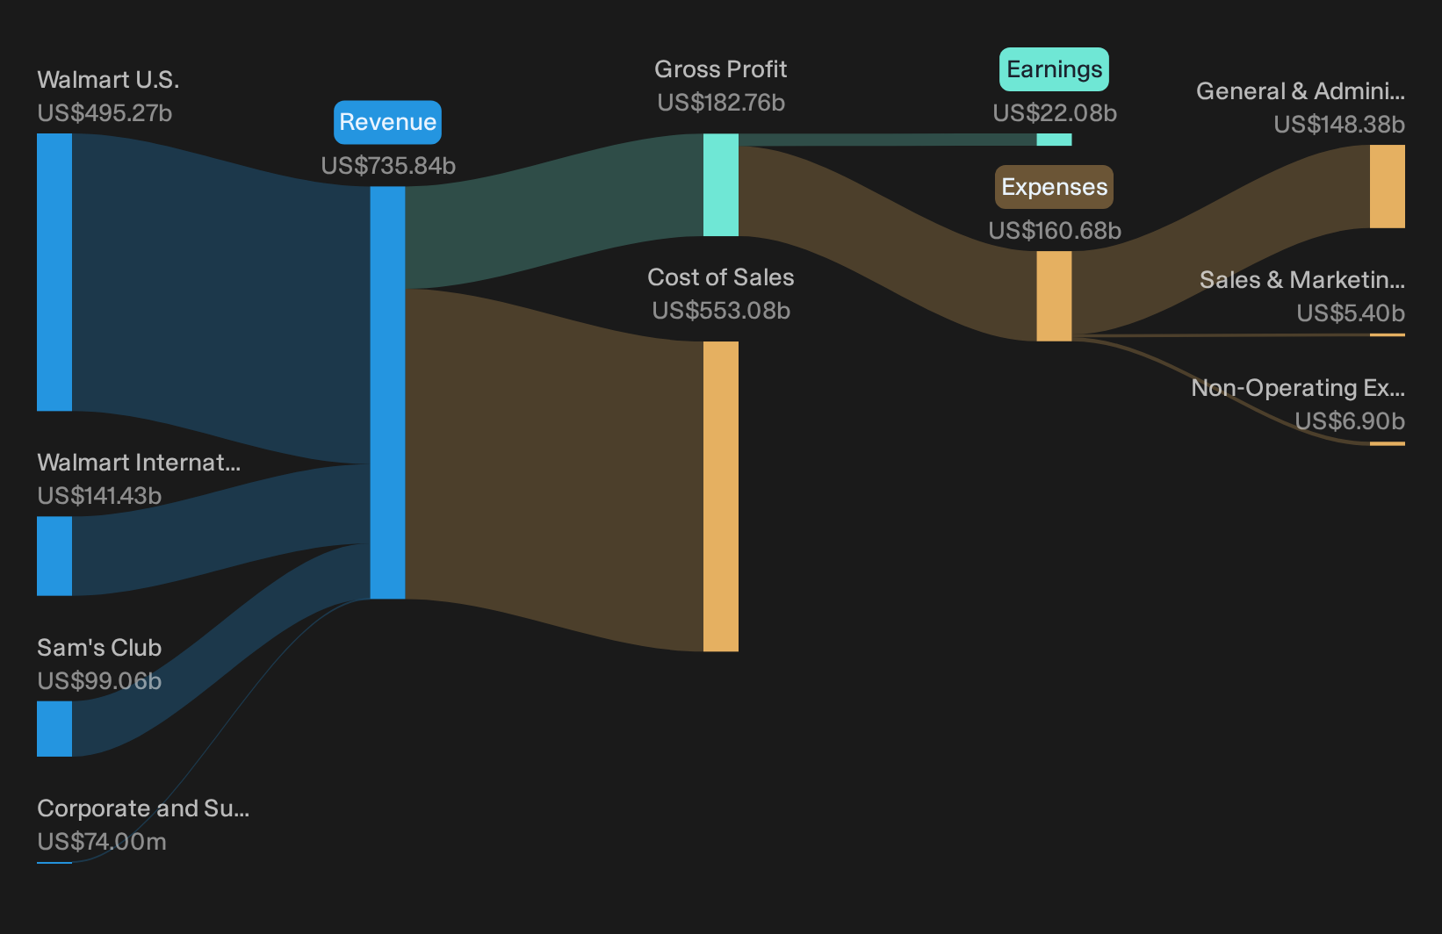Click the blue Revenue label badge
click(x=387, y=122)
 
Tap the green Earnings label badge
click(x=1054, y=69)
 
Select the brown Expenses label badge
click(x=1054, y=187)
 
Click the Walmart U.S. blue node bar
click(x=54, y=272)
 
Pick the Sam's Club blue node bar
click(x=54, y=729)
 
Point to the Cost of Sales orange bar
click(x=720, y=496)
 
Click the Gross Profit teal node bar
click(x=720, y=184)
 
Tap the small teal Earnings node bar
click(x=1054, y=140)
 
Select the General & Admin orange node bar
click(x=1388, y=186)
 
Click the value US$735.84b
click(x=388, y=166)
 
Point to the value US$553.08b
click(x=721, y=311)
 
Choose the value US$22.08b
click(x=1055, y=113)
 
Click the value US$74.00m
click(x=102, y=842)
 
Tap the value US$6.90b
click(x=1350, y=421)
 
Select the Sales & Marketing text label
click(x=1302, y=280)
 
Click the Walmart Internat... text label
click(x=139, y=463)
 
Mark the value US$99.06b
click(x=99, y=681)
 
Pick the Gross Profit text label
click(x=720, y=69)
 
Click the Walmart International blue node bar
click(x=54, y=557)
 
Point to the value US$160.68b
click(x=1055, y=231)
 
